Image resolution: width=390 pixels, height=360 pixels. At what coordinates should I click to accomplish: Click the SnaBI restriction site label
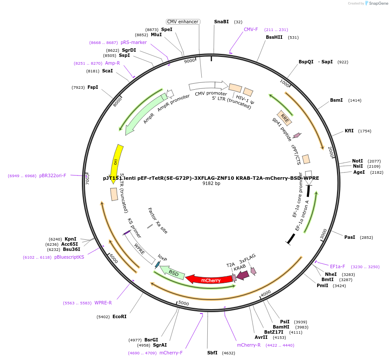coord(222,22)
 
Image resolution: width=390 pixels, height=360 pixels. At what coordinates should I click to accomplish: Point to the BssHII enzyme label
coord(274,37)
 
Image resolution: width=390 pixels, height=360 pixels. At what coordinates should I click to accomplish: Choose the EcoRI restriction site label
coord(119,316)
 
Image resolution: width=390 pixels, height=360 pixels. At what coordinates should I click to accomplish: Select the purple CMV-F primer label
coord(251,29)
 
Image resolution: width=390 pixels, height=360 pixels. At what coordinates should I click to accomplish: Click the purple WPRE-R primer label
coord(103,303)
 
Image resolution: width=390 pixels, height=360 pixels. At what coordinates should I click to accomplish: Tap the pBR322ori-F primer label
coord(53,175)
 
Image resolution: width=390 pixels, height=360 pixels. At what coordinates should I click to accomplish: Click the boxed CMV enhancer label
coord(183,22)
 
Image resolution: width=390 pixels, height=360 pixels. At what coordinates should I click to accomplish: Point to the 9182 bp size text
coord(211,183)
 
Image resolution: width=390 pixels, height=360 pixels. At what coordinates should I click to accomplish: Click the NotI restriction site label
coord(357,161)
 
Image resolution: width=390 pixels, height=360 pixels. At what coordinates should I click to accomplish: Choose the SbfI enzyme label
coord(212,353)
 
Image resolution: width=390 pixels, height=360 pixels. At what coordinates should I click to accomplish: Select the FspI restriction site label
coord(93,88)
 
